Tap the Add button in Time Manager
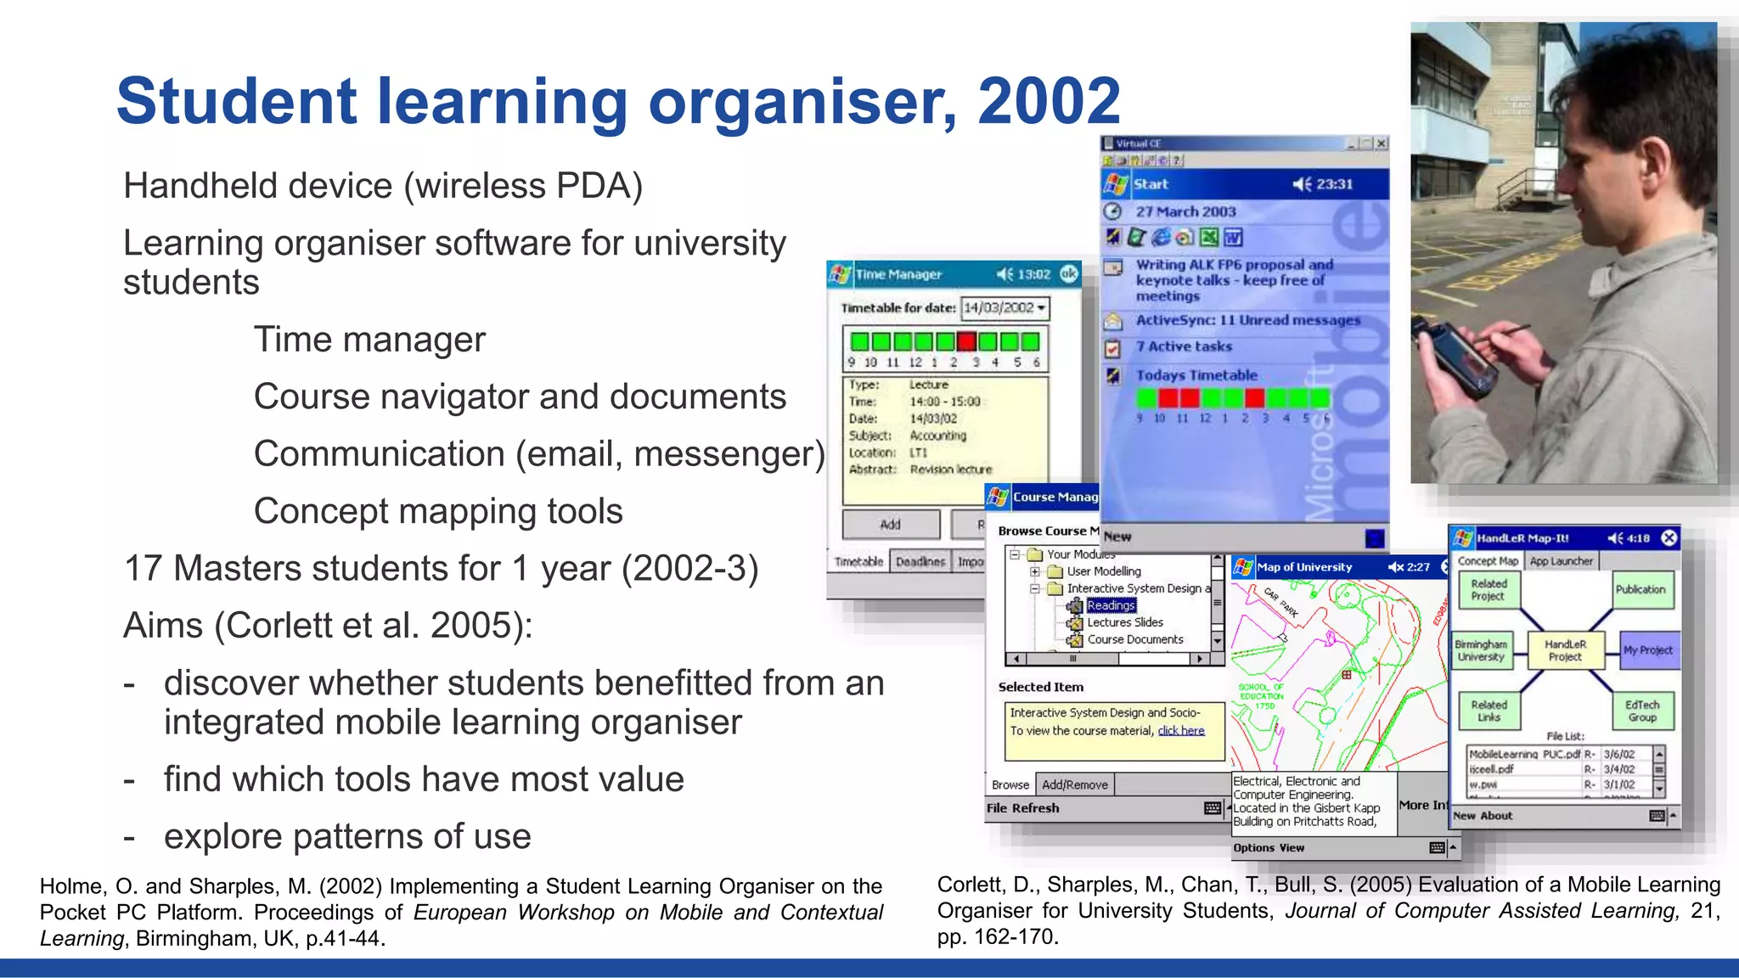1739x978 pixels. (891, 525)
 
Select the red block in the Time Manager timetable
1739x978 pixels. (966, 342)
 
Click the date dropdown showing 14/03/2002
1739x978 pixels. (1005, 308)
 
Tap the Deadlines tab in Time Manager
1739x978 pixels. (920, 562)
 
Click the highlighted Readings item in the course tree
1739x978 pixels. (1111, 605)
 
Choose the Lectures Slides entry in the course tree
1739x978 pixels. (1125, 622)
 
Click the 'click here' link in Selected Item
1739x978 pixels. (1181, 731)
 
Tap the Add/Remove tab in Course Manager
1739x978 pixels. (1075, 785)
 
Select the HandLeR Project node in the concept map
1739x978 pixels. (1565, 650)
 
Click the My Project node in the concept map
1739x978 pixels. (1648, 650)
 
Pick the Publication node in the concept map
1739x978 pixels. (1641, 590)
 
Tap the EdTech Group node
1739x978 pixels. (1642, 711)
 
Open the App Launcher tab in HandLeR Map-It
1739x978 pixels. (1562, 561)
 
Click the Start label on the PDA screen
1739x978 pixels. (1151, 184)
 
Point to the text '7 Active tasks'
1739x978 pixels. (1184, 346)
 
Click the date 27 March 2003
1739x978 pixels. (1186, 211)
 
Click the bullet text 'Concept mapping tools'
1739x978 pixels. (438, 511)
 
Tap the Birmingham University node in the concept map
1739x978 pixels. (1481, 650)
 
